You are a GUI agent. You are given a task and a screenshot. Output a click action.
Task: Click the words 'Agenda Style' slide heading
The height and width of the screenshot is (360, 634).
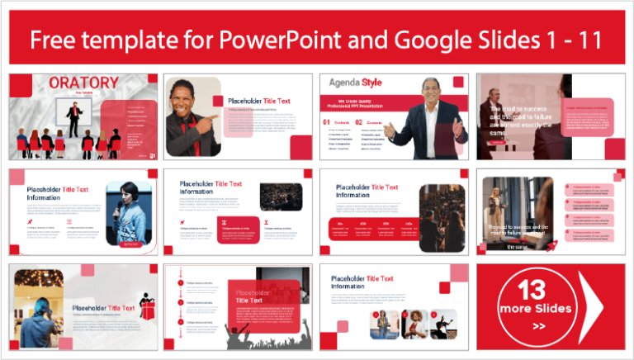tap(355, 83)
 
